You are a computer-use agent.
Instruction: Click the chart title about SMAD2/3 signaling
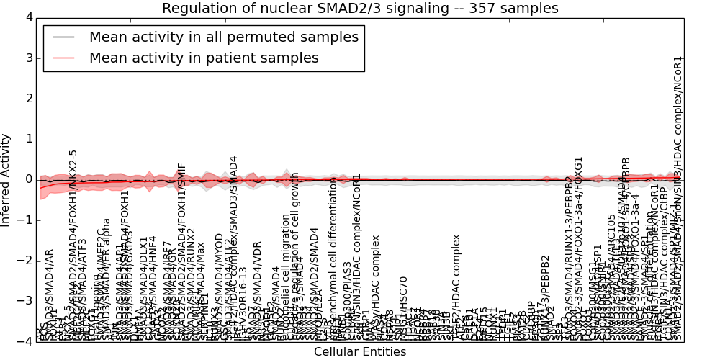360,9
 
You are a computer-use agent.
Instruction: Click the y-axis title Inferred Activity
6,179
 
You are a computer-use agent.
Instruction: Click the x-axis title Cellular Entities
360,352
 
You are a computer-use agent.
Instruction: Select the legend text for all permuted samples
223,37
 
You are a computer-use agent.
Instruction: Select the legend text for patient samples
204,58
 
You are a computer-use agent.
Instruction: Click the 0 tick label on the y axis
28,179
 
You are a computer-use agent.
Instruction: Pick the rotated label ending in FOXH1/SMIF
181,252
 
